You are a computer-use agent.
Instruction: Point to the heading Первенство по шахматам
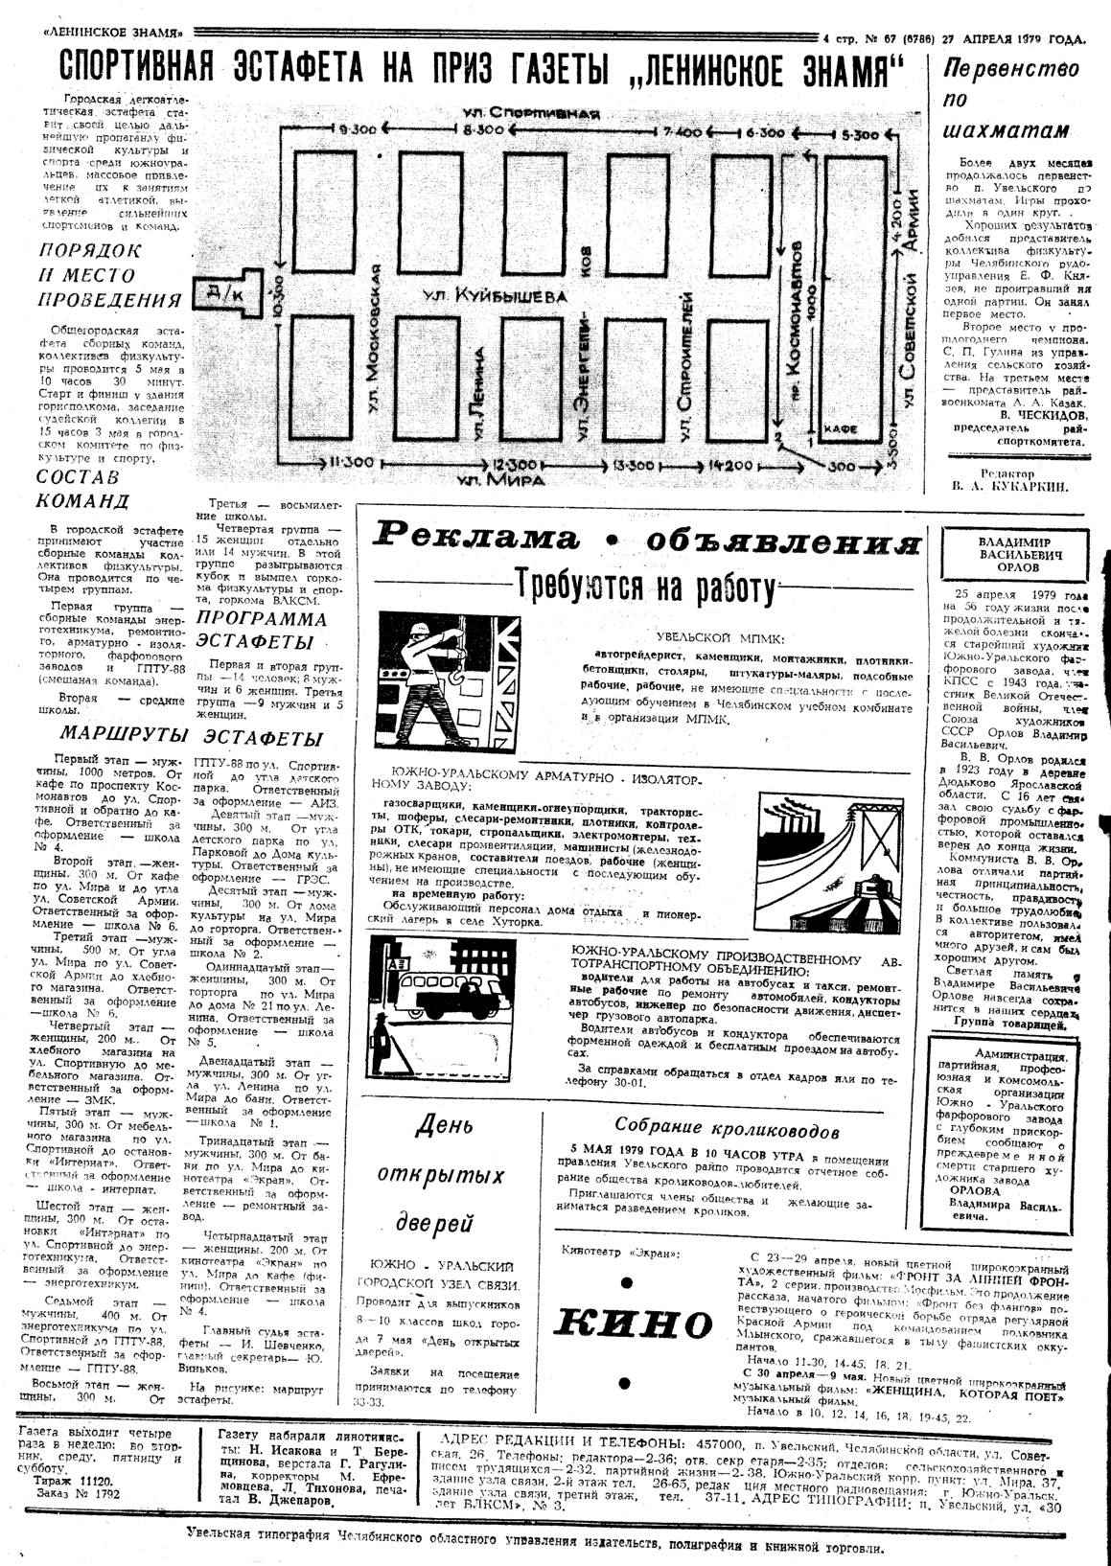[1012, 100]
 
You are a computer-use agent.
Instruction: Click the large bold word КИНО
[632, 1324]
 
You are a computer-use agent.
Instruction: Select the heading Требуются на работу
[643, 583]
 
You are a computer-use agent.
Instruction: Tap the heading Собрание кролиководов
[728, 1128]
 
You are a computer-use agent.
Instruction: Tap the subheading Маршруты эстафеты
[192, 738]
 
